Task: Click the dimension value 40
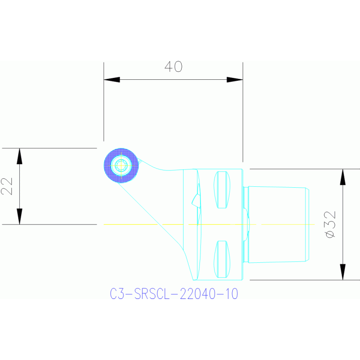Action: [173, 67]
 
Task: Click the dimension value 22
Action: [7, 186]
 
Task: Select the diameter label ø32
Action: [330, 223]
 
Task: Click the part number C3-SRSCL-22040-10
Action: [174, 294]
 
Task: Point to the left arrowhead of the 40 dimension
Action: [111, 80]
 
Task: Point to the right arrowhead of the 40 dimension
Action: [235, 80]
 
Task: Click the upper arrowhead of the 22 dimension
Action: [19, 156]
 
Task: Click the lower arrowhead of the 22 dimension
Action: [19, 217]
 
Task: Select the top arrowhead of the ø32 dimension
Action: [343, 176]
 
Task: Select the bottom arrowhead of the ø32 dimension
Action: [343, 272]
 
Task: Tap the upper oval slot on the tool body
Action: [222, 190]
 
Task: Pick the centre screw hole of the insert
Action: [121, 165]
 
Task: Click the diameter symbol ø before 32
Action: [330, 233]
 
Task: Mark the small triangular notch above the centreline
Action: [195, 200]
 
